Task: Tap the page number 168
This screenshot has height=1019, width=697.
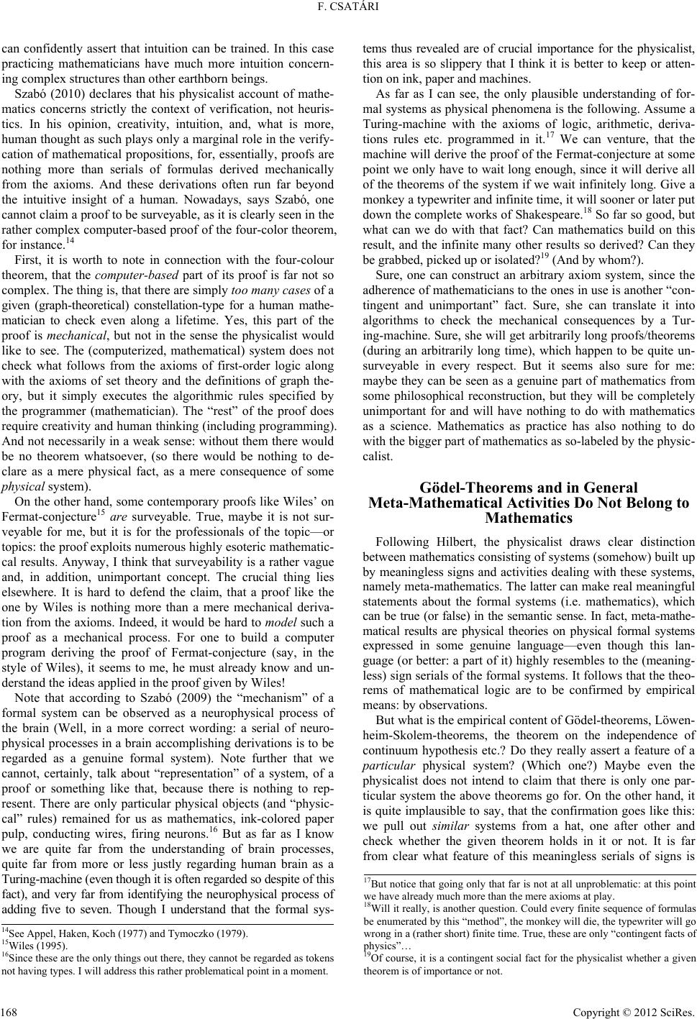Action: pyautogui.click(x=10, y=1007)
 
